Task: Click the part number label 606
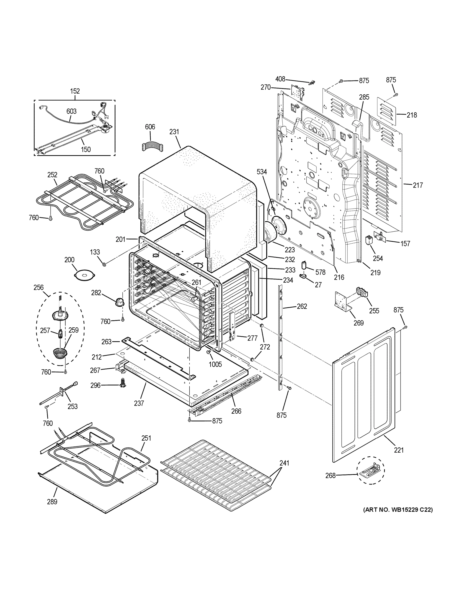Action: tap(150, 127)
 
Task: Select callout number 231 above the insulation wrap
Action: tap(174, 132)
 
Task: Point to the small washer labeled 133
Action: tap(104, 264)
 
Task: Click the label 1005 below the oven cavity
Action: tap(215, 364)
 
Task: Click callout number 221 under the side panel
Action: tap(398, 450)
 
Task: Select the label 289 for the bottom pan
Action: tap(52, 502)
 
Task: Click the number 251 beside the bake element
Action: tap(146, 438)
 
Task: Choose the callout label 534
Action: tap(262, 172)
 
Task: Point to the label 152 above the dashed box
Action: tap(75, 91)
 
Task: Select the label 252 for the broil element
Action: tap(52, 175)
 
